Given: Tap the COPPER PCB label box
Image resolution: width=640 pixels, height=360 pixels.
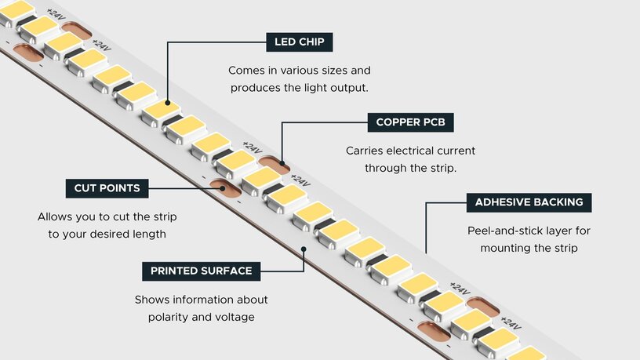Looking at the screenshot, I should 410,122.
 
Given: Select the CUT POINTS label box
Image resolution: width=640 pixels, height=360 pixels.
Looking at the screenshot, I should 107,188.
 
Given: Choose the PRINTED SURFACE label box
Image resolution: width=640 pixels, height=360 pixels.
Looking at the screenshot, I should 202,271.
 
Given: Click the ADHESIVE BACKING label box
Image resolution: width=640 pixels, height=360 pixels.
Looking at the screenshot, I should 529,202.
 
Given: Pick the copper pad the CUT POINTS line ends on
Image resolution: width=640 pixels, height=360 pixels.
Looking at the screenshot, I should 221,188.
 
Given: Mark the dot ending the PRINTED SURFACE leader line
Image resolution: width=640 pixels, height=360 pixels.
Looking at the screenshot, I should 304,249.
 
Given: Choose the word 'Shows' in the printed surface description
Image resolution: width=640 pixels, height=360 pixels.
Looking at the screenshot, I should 152,300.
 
